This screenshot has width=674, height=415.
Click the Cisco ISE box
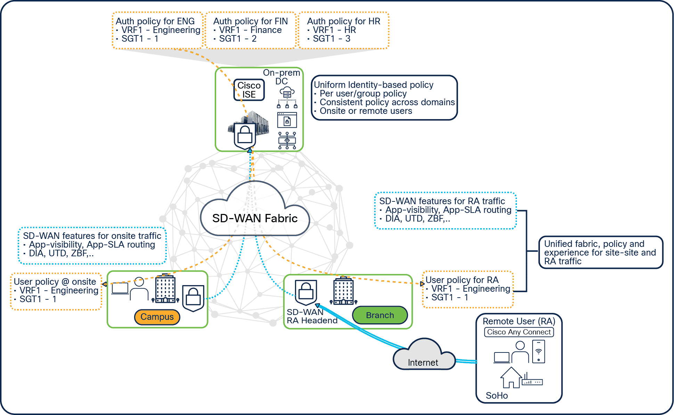pyautogui.click(x=249, y=90)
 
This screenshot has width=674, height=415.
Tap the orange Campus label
pyautogui.click(x=157, y=317)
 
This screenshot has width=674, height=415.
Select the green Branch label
pyautogui.click(x=380, y=315)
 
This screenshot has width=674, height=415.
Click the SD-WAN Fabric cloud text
pyautogui.click(x=255, y=218)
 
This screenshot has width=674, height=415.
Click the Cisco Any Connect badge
pyautogui.click(x=519, y=332)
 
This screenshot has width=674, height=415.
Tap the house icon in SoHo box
pyautogui.click(x=511, y=377)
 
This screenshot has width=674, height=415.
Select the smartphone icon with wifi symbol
pyautogui.click(x=539, y=351)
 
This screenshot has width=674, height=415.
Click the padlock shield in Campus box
pyautogui.click(x=193, y=298)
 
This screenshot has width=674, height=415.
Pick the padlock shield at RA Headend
pyautogui.click(x=306, y=292)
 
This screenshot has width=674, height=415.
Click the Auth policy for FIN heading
pyautogui.click(x=250, y=21)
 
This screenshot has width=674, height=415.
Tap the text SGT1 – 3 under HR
pyautogui.click(x=331, y=39)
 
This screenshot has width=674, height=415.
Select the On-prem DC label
pyautogui.click(x=281, y=77)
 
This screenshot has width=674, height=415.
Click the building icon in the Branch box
pyautogui.click(x=343, y=291)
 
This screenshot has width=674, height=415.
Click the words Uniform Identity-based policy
pyautogui.click(x=373, y=85)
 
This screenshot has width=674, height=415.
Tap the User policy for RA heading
pyautogui.click(x=462, y=280)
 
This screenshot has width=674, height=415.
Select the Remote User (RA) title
pyautogui.click(x=519, y=321)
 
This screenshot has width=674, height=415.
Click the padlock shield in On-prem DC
pyautogui.click(x=245, y=135)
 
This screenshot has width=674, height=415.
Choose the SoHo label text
pyautogui.click(x=496, y=396)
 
